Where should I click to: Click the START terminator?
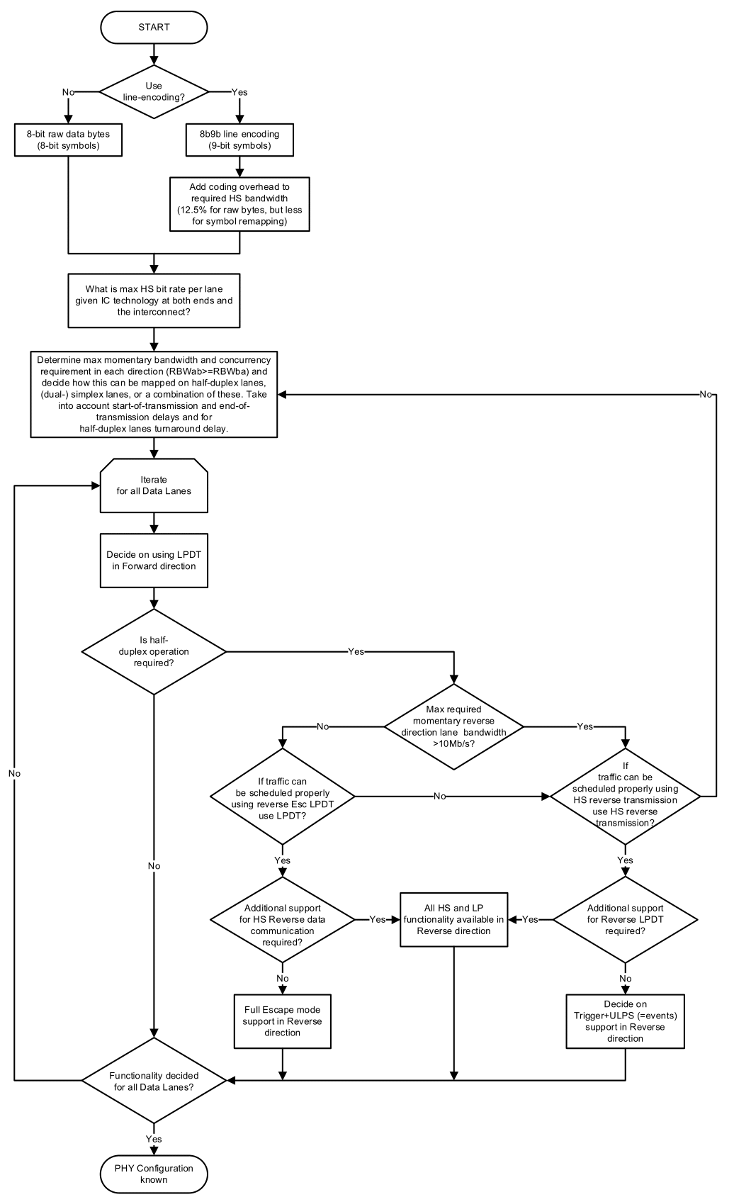point(154,27)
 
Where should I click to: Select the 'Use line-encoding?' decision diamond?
point(154,91)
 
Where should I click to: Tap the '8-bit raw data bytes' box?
point(68,140)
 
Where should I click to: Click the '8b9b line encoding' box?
point(239,140)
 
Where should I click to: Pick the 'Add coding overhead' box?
point(239,203)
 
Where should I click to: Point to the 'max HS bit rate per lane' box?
point(154,300)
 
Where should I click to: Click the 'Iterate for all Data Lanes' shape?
point(154,485)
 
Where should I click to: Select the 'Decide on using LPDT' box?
point(154,561)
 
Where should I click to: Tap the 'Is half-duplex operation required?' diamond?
point(154,651)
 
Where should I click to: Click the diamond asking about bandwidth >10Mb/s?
point(453,726)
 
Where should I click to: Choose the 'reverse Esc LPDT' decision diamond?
point(282,797)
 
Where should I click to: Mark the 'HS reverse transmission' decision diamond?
point(625,797)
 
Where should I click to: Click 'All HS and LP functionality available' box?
point(453,919)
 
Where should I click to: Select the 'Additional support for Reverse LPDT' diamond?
point(625,919)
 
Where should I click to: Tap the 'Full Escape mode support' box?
point(282,1021)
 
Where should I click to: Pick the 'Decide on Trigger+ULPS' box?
point(625,1021)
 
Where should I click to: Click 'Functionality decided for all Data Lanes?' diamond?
point(154,1081)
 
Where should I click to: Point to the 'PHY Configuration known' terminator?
point(154,1174)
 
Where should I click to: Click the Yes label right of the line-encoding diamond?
point(239,92)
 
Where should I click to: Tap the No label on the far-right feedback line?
point(706,394)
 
